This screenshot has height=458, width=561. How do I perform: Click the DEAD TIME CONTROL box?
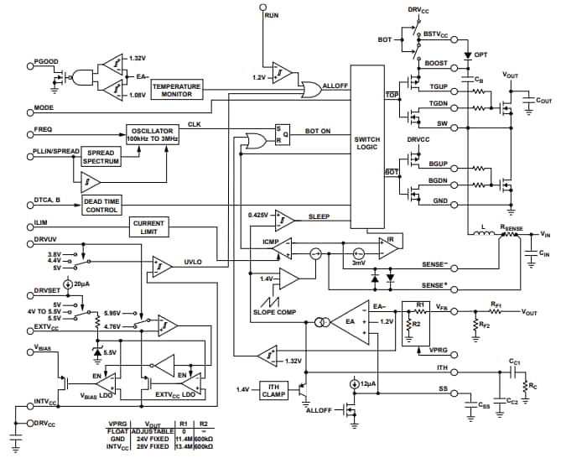point(102,206)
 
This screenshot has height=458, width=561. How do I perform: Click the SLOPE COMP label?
point(273,312)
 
